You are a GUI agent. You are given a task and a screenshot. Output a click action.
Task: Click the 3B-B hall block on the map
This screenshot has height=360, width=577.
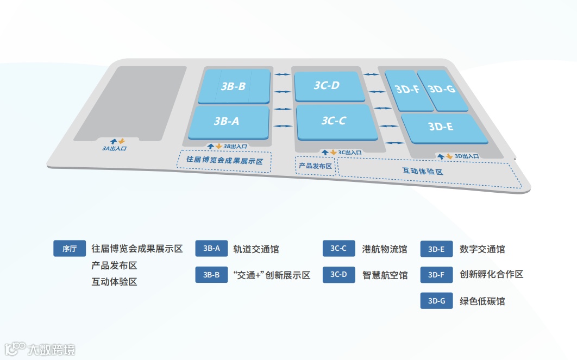click(234, 86)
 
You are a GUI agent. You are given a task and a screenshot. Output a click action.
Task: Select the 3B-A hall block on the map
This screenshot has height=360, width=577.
click(227, 122)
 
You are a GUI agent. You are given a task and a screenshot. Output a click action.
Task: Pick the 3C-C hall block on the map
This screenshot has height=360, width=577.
click(334, 121)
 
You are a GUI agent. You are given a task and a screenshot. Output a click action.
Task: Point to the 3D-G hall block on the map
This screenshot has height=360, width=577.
click(442, 89)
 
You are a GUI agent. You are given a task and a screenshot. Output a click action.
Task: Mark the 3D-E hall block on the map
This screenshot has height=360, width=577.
click(441, 127)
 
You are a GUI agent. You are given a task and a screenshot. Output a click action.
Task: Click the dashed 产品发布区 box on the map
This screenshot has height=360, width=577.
click(315, 166)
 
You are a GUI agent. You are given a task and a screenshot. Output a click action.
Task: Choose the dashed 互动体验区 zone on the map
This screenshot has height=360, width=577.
click(424, 170)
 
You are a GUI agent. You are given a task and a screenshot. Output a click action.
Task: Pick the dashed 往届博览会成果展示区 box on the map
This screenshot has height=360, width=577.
click(224, 161)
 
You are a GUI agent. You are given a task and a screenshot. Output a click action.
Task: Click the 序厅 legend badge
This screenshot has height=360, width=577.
click(70, 249)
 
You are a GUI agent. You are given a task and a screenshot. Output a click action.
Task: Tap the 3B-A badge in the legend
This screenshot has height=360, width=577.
click(211, 249)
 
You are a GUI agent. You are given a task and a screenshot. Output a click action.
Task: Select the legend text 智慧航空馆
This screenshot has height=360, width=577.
click(385, 275)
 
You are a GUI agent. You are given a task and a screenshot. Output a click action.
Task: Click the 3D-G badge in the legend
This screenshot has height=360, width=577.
click(436, 300)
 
